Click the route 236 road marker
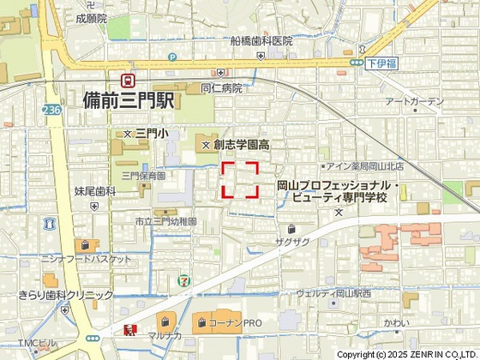pos(51,110)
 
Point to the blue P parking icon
pos(172,57)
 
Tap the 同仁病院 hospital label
pos(222,87)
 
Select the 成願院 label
pos(91,17)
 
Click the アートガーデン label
pos(415,102)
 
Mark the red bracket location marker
pos(241,180)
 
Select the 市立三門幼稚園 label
pos(165,221)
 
